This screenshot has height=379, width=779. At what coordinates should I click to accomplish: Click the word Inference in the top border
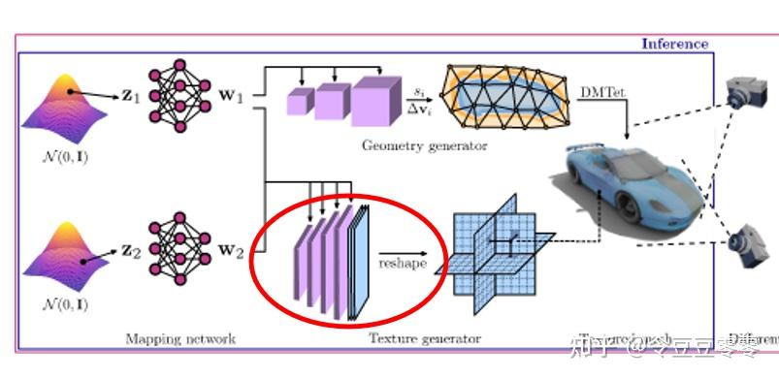tap(674, 44)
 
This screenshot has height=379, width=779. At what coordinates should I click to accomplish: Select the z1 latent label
tap(130, 99)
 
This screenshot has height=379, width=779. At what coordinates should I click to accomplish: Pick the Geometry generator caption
tap(424, 146)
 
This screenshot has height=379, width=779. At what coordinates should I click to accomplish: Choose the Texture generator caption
tap(424, 338)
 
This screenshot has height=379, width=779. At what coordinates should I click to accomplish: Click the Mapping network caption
tap(180, 338)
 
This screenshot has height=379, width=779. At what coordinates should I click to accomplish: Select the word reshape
tap(402, 263)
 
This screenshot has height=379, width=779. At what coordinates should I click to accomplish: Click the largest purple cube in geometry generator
tap(376, 102)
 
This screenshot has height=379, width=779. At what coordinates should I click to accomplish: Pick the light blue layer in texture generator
tap(360, 263)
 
